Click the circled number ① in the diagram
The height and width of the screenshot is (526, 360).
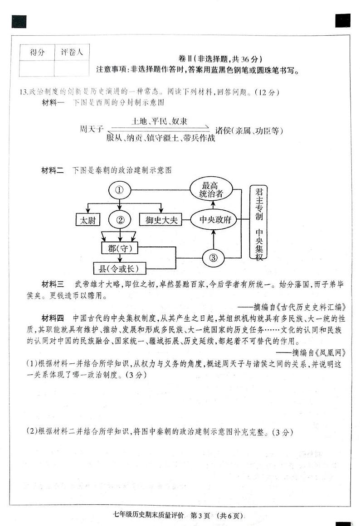tap(120, 190)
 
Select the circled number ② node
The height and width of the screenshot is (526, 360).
tap(120, 220)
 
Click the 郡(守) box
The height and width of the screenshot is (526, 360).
tap(120, 248)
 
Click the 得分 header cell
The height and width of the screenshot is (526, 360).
tap(38, 52)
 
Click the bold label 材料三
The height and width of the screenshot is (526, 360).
tap(53, 284)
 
